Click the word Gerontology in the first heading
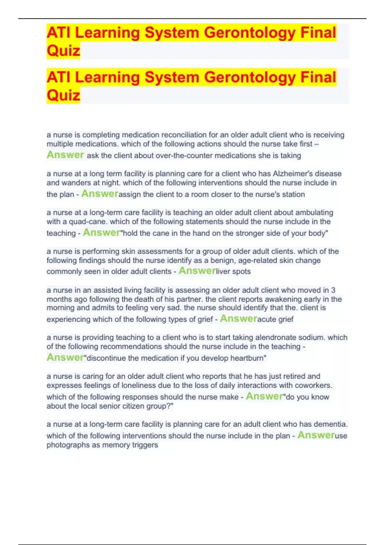click(x=249, y=33)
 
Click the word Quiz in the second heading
click(x=63, y=95)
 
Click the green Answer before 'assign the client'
click(x=100, y=194)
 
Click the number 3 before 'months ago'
click(x=333, y=290)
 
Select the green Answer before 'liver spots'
click(x=197, y=271)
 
